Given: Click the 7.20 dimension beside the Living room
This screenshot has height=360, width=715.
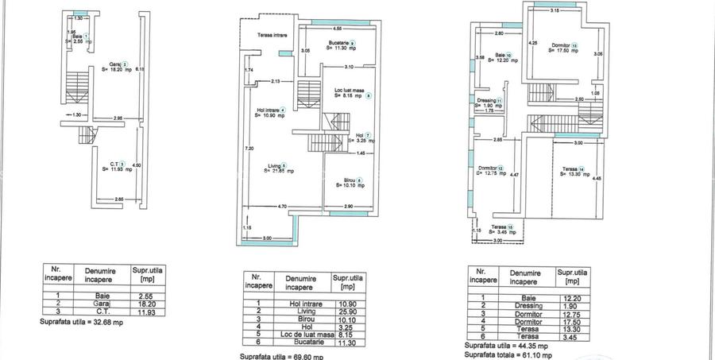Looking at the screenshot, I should pos(249,149).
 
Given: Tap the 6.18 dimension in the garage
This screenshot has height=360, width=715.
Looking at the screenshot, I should pos(139,70).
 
